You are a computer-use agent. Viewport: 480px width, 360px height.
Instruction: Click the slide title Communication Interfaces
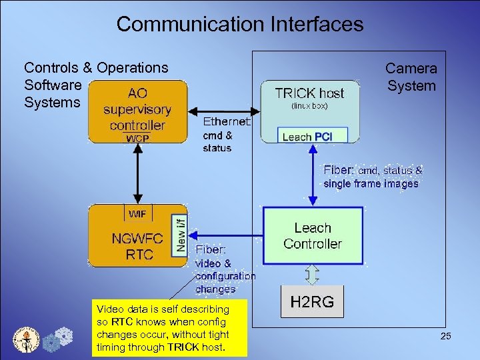[x=240, y=25]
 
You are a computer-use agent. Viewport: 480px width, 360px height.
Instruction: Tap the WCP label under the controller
[x=139, y=139]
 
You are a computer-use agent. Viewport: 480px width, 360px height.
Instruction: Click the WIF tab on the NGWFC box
[x=138, y=213]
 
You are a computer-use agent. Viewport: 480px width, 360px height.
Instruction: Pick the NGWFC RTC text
[x=132, y=245]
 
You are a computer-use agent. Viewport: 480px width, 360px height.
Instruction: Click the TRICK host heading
[x=309, y=93]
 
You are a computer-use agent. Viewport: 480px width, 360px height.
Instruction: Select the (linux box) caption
[x=309, y=106]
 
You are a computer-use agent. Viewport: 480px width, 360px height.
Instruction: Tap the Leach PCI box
[x=307, y=137]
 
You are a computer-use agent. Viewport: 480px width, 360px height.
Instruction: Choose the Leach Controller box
[x=313, y=236]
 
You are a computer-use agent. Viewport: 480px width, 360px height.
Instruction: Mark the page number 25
[x=445, y=337]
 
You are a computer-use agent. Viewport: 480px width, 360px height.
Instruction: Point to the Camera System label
[x=411, y=77]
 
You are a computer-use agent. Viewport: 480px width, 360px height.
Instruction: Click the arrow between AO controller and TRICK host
[x=223, y=109]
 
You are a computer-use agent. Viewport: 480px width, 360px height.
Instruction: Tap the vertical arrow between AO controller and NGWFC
[x=139, y=173]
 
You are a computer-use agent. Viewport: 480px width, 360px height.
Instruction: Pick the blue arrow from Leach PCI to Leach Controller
[x=313, y=176]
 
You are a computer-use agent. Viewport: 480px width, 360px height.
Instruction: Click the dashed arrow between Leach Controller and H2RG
[x=312, y=274]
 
